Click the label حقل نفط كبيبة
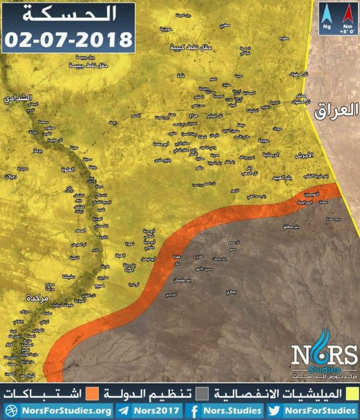(192, 49)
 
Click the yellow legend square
(352, 393)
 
